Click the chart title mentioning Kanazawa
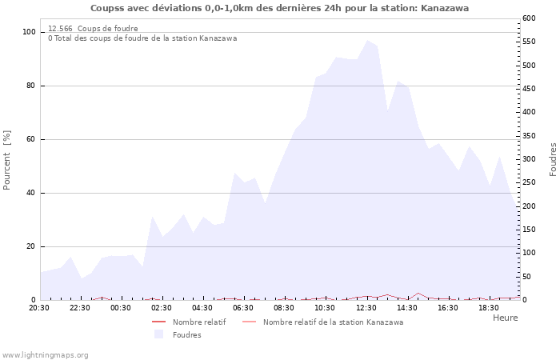point(279,8)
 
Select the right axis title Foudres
point(553,159)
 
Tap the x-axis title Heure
point(505,318)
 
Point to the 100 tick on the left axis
point(29,32)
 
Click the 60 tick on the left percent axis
point(31,139)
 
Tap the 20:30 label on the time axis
point(39,307)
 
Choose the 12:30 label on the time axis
point(366,307)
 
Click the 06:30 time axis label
point(243,307)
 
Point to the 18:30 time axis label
point(488,307)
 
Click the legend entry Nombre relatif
point(198,322)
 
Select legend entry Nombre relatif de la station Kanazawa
point(333,322)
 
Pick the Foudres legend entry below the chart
point(186,335)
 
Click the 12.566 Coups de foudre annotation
point(93,29)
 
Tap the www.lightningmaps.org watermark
point(45,355)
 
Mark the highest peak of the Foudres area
point(367,40)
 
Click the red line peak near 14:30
point(418,293)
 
